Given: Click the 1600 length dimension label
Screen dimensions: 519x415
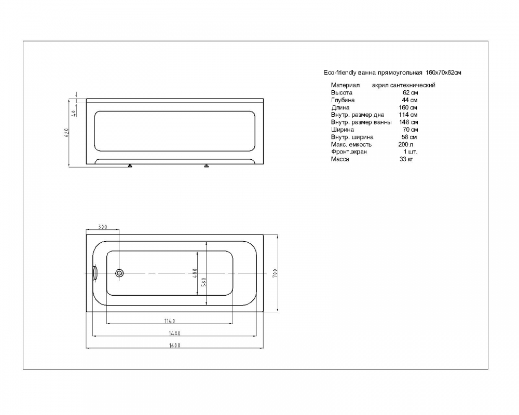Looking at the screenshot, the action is click(x=175, y=345).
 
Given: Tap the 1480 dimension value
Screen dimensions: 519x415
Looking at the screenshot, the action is click(x=175, y=334).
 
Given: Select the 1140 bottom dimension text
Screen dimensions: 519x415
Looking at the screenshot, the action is click(x=170, y=321).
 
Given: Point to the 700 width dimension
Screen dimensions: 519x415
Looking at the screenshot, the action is click(x=275, y=273).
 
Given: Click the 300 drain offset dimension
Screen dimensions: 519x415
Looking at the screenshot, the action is click(x=103, y=227).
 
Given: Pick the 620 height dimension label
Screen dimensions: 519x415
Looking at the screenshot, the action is click(x=66, y=133).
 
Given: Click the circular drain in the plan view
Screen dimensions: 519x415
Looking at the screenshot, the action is click(x=119, y=273).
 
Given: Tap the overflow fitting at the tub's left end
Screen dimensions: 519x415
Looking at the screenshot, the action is click(x=95, y=273).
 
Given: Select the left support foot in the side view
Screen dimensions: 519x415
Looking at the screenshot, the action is click(x=130, y=165).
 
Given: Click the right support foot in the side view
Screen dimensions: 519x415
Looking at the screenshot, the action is click(x=207, y=165).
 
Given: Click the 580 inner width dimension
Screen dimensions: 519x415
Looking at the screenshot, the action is click(x=203, y=282).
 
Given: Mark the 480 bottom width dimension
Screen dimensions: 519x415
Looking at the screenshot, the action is click(x=195, y=273).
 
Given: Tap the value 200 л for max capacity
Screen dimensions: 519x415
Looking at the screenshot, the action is click(x=406, y=144).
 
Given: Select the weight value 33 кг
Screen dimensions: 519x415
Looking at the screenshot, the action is click(x=406, y=159).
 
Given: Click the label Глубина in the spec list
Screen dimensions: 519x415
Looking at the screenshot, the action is click(x=343, y=100).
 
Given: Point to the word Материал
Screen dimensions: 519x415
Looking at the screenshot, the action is click(x=345, y=86).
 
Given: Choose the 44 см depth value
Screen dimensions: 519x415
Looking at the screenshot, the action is click(x=410, y=100).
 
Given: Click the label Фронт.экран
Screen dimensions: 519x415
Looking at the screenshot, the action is click(x=349, y=152).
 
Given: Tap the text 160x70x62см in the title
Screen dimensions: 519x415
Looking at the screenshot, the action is click(x=444, y=73).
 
